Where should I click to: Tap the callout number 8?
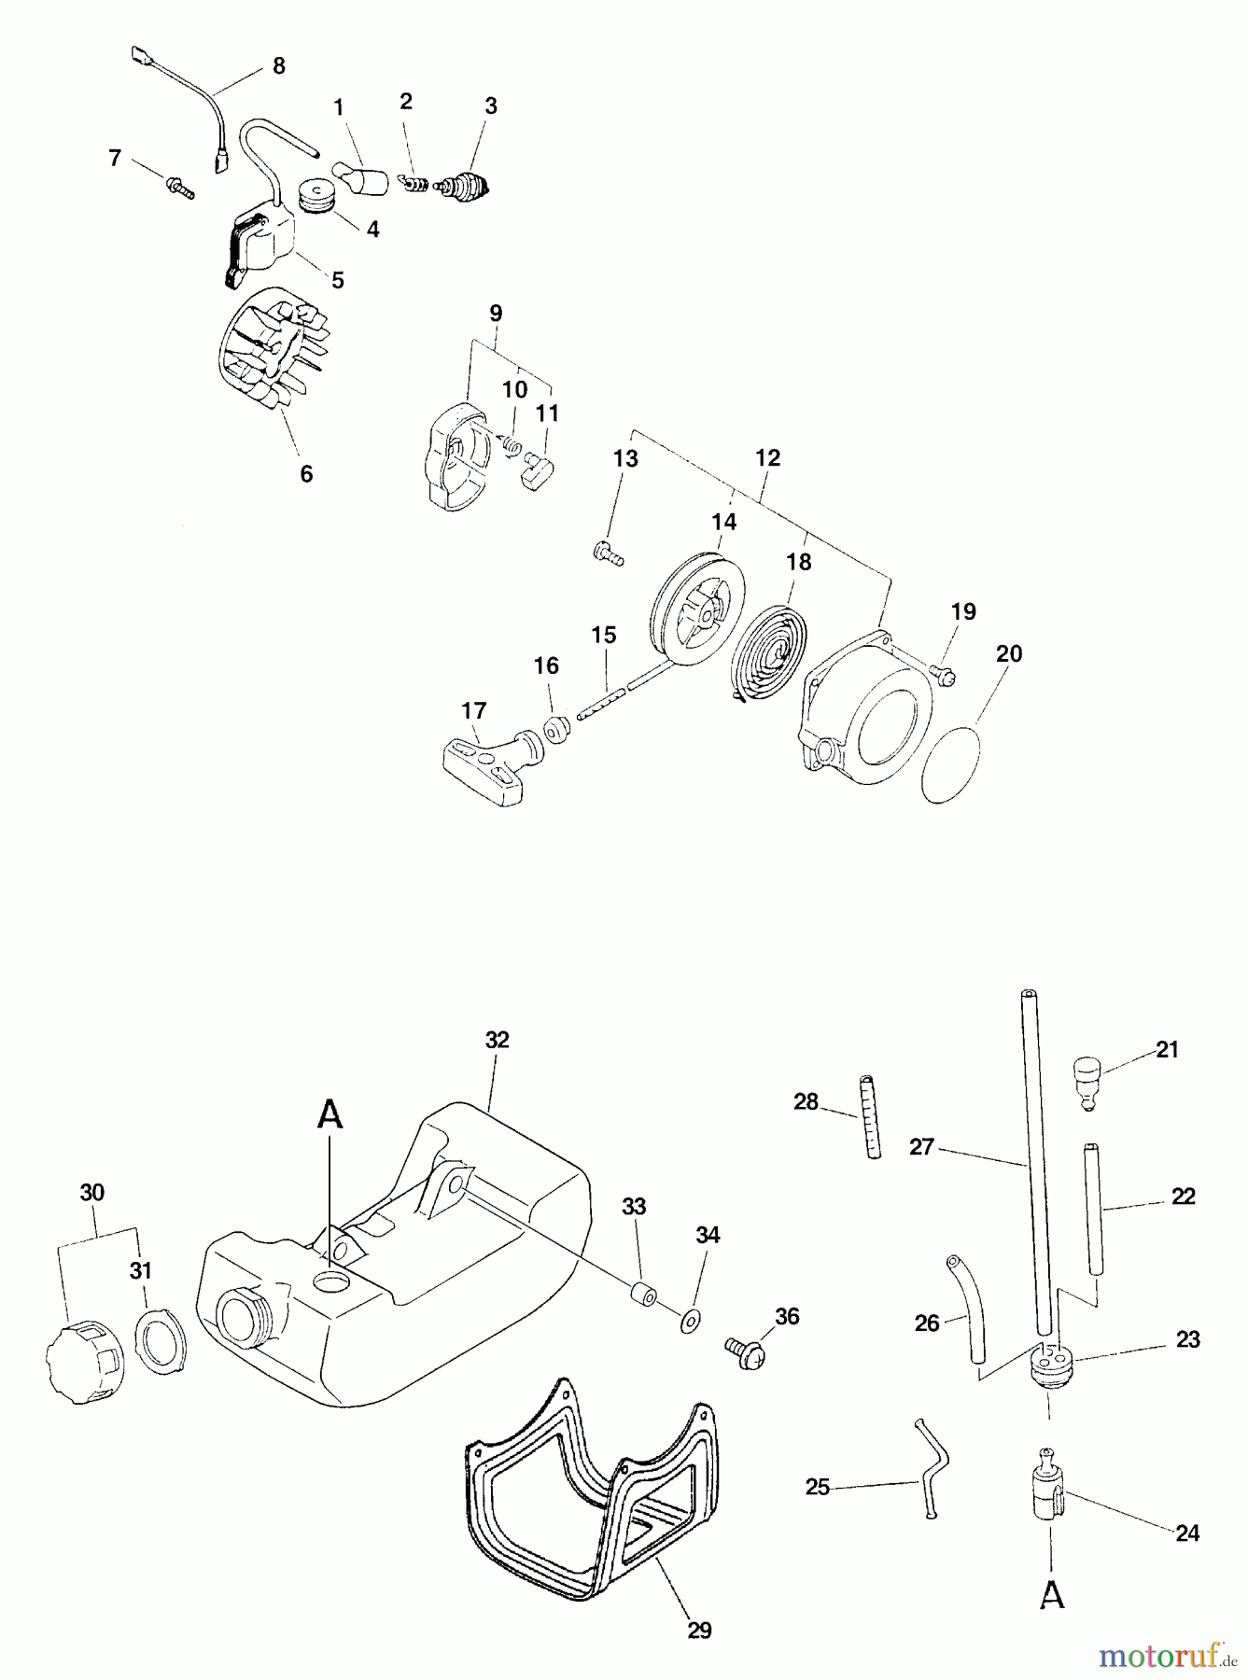[x=278, y=65]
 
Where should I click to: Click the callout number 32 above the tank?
[x=498, y=1040]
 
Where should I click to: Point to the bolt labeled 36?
[x=745, y=1350]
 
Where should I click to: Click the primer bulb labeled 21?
[x=1087, y=1080]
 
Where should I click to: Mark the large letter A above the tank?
[x=330, y=1114]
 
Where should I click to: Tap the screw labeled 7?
[x=181, y=189]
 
